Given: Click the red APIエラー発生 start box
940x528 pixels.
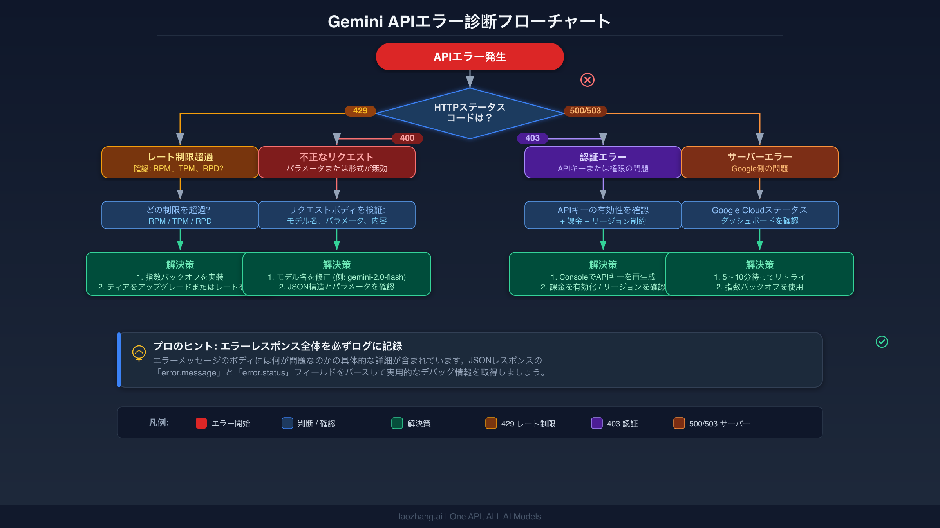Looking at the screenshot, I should (470, 57).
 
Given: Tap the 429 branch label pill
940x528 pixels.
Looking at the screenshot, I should (360, 111).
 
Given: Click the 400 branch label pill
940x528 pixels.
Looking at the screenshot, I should (407, 138).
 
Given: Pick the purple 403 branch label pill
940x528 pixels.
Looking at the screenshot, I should (532, 138).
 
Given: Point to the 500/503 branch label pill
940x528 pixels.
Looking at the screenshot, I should (585, 111).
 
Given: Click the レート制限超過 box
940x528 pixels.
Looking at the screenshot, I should (180, 162).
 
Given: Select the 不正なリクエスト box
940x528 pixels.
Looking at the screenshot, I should (336, 162).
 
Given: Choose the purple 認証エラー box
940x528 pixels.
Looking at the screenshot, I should (603, 162).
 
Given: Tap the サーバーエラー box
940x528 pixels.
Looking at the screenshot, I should (759, 162).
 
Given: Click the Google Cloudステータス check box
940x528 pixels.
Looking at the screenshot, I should (759, 215).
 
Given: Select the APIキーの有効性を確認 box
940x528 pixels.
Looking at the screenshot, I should (603, 215).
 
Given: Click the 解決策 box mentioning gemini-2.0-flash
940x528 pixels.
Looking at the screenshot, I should (336, 274).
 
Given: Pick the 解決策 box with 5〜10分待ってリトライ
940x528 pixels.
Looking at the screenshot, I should (759, 274).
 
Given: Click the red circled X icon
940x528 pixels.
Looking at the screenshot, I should (587, 80).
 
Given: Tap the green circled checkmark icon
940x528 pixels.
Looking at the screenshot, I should (882, 342).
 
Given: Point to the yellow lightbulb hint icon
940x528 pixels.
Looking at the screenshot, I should (139, 353).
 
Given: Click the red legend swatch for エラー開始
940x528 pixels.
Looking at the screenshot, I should (201, 423).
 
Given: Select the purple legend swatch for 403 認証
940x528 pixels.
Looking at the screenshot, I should (597, 423).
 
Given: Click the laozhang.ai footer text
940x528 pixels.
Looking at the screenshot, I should (470, 516).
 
